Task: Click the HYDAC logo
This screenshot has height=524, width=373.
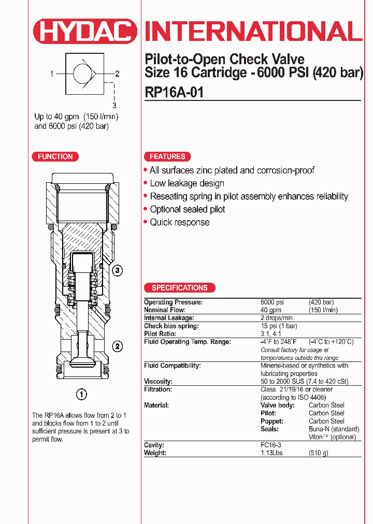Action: click(85, 31)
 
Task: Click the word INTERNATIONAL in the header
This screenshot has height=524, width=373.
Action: click(253, 31)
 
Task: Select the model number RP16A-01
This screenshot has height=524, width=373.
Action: click(174, 92)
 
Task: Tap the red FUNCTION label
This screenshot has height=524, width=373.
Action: click(55, 156)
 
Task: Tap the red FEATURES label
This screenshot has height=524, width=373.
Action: click(167, 156)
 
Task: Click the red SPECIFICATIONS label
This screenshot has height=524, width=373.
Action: click(179, 288)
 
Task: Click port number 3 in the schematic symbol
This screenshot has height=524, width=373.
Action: click(114, 105)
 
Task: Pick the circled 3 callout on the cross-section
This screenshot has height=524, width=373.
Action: click(118, 270)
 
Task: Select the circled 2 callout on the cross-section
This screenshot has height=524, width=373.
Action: click(118, 346)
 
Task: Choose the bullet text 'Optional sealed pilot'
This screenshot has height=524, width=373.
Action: click(187, 209)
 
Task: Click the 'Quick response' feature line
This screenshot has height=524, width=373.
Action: click(179, 222)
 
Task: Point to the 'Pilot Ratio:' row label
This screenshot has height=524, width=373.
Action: click(161, 334)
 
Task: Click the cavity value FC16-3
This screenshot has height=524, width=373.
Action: click(271, 445)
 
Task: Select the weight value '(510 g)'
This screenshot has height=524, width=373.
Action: click(319, 453)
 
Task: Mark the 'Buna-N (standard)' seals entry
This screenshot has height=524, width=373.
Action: click(334, 429)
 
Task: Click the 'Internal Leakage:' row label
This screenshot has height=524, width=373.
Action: click(169, 318)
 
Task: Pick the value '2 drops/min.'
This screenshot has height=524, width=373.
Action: click(277, 318)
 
